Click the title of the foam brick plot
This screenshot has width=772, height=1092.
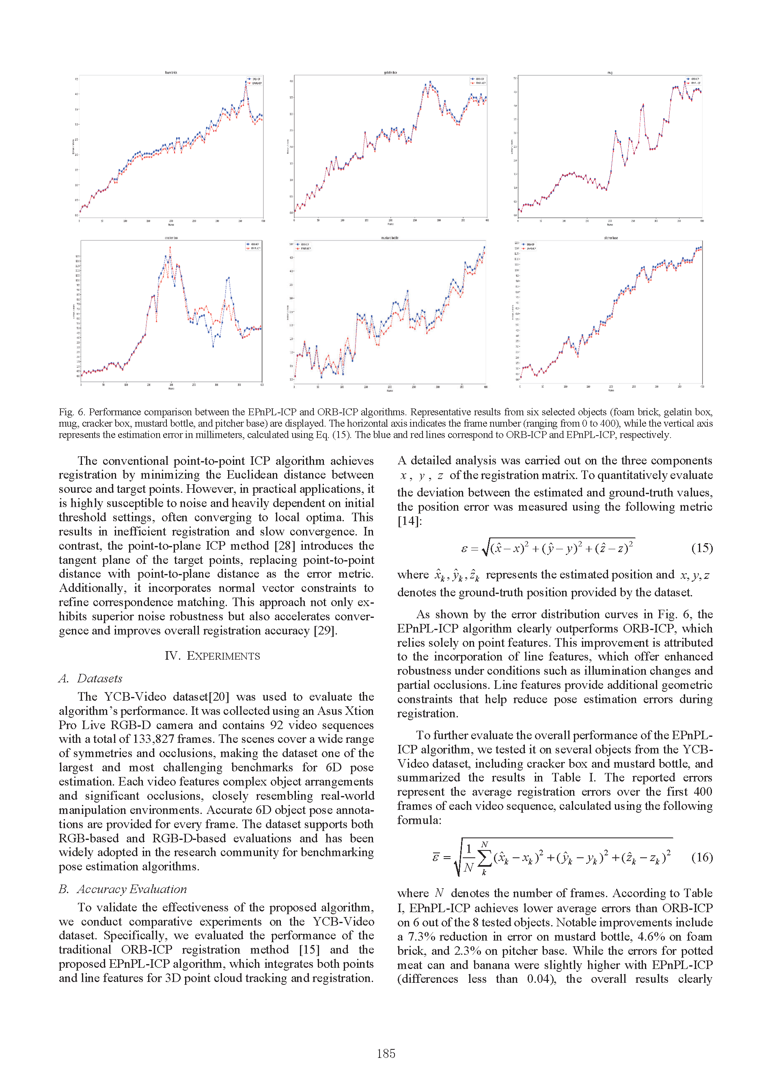pos(171,73)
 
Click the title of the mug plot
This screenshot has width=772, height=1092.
pos(610,73)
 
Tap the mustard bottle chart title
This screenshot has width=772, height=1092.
pos(390,238)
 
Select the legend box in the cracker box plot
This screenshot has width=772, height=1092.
pos(253,246)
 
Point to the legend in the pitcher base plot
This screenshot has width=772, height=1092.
pos(528,246)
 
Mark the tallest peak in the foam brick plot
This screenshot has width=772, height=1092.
pos(246,82)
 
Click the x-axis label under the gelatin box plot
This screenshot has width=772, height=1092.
pos(390,224)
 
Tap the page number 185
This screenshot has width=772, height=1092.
pos(386,1053)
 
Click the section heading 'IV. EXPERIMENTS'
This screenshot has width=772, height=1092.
pos(212,656)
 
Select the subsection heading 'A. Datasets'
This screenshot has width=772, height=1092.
pos(91,679)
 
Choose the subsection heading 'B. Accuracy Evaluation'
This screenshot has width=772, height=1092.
pos(123,889)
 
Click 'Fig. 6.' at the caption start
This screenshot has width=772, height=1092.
pos(71,412)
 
